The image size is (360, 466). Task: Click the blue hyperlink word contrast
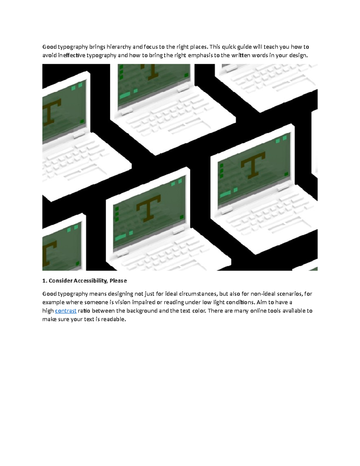tap(66, 311)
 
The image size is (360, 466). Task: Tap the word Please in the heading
tap(118, 281)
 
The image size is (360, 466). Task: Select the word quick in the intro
tap(229, 47)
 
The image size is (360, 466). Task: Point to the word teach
tap(271, 47)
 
